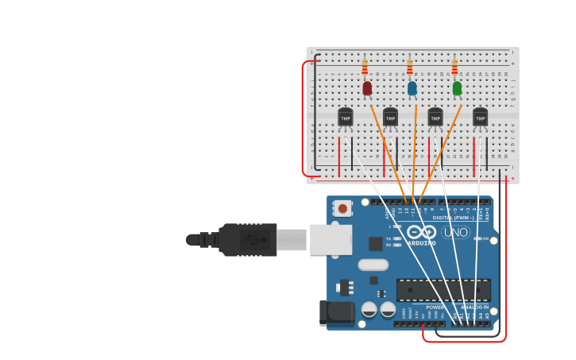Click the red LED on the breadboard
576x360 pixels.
point(367,88)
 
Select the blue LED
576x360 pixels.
point(412,88)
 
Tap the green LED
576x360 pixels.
point(457,88)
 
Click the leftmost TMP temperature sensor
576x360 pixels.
point(345,117)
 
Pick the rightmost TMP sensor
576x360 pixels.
point(480,117)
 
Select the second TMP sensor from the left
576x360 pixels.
point(390,117)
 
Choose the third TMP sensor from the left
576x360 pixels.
point(435,117)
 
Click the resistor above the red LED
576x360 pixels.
point(365,67)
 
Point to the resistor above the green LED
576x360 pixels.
point(454,67)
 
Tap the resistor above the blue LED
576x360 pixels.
point(410,67)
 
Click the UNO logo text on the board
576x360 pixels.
point(455,232)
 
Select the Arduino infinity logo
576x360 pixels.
point(421,232)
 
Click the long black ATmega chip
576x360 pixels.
point(443,290)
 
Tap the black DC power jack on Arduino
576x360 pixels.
point(337,312)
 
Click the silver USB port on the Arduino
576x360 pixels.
point(331,239)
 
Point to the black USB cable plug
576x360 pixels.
point(247,239)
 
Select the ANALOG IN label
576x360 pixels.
point(475,307)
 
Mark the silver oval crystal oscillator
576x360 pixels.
point(373,265)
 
